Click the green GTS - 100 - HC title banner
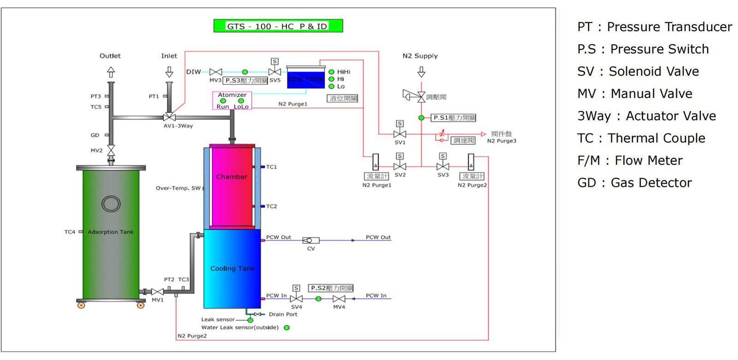(278, 26)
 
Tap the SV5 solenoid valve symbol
(275, 72)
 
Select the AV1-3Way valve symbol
(169, 117)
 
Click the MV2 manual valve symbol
(111, 150)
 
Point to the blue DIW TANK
(306, 79)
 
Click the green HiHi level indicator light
(331, 72)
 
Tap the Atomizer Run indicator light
(223, 101)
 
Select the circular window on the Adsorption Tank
(111, 204)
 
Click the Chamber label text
(232, 177)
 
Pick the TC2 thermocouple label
(272, 206)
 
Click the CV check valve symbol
(310, 240)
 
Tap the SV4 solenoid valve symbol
(297, 299)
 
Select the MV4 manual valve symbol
(339, 299)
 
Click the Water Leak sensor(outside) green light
(287, 328)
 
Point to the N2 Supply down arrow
(421, 72)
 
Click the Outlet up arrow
(111, 72)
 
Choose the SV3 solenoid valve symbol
(443, 166)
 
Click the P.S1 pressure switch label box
(454, 118)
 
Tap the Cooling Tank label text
(232, 269)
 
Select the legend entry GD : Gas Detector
(634, 183)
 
